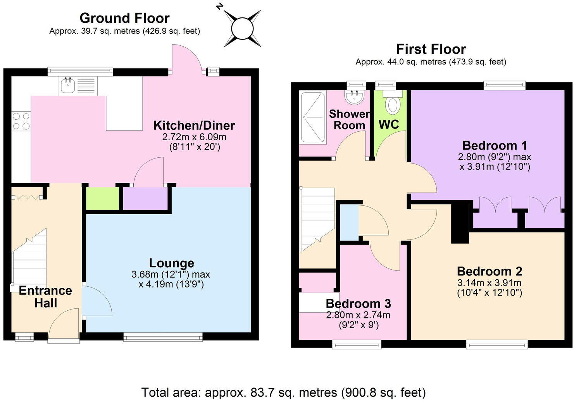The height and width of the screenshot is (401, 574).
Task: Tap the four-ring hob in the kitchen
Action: (21, 121)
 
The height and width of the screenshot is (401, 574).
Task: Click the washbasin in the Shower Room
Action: (355, 97)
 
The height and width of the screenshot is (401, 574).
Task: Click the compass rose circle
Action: (242, 28)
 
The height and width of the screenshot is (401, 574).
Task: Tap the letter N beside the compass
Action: (219, 7)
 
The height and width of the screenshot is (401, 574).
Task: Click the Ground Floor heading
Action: (124, 18)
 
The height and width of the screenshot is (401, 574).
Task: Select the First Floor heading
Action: (431, 49)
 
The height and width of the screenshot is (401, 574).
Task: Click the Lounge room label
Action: (172, 263)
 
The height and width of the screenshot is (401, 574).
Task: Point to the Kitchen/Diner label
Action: (194, 125)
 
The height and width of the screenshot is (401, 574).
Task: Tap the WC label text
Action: (389, 124)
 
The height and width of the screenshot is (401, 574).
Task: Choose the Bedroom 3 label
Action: (358, 304)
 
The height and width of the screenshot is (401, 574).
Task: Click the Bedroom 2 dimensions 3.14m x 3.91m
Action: (489, 283)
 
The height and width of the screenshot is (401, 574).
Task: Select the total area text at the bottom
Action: (284, 392)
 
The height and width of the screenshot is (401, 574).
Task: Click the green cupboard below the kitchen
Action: (102, 199)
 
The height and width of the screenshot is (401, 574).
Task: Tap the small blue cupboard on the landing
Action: (349, 222)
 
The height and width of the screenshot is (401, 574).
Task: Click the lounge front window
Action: (163, 337)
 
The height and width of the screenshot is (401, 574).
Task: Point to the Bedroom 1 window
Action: (505, 86)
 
